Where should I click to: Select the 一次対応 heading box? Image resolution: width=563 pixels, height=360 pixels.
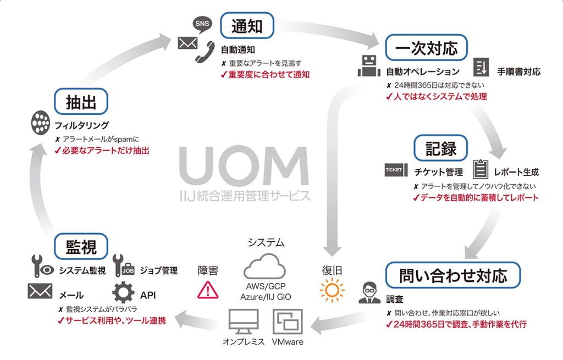tap(426, 48)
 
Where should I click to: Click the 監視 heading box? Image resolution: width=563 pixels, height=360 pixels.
tap(81, 246)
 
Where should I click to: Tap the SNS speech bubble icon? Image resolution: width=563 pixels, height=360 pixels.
tap(201, 23)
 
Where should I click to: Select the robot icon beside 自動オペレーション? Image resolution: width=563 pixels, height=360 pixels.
tap(368, 67)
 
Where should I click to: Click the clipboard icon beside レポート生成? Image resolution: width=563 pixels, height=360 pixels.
tap(480, 169)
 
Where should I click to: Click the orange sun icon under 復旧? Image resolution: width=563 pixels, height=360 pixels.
tap(333, 290)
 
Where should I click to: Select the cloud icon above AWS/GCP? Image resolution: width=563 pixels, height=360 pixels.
tap(265, 267)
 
